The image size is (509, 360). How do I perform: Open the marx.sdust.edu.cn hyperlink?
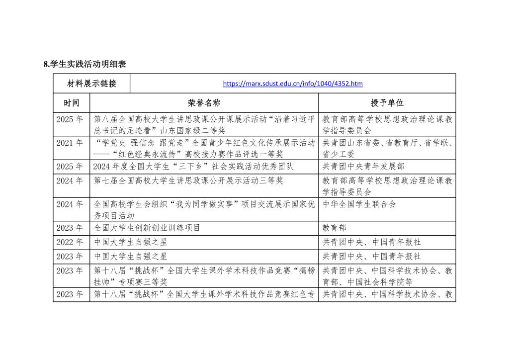click(x=292, y=84)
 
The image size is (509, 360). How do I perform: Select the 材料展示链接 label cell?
click(x=91, y=84)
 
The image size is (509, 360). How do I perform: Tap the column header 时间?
click(x=71, y=103)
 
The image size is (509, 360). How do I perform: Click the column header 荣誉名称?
click(x=204, y=103)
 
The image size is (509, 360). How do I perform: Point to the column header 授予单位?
click(x=387, y=103)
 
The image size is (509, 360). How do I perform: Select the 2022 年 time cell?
click(x=71, y=242)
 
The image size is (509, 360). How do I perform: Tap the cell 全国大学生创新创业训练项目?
click(x=147, y=228)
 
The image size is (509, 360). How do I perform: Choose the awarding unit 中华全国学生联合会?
click(x=359, y=204)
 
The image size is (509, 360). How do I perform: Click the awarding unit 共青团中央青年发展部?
click(x=363, y=167)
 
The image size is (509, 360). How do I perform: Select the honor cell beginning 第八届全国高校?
click(x=204, y=124)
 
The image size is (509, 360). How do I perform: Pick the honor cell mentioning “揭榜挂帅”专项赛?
click(x=204, y=276)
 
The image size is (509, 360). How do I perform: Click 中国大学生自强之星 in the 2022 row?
click(x=131, y=242)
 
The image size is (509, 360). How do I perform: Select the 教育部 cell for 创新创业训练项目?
click(x=335, y=228)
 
